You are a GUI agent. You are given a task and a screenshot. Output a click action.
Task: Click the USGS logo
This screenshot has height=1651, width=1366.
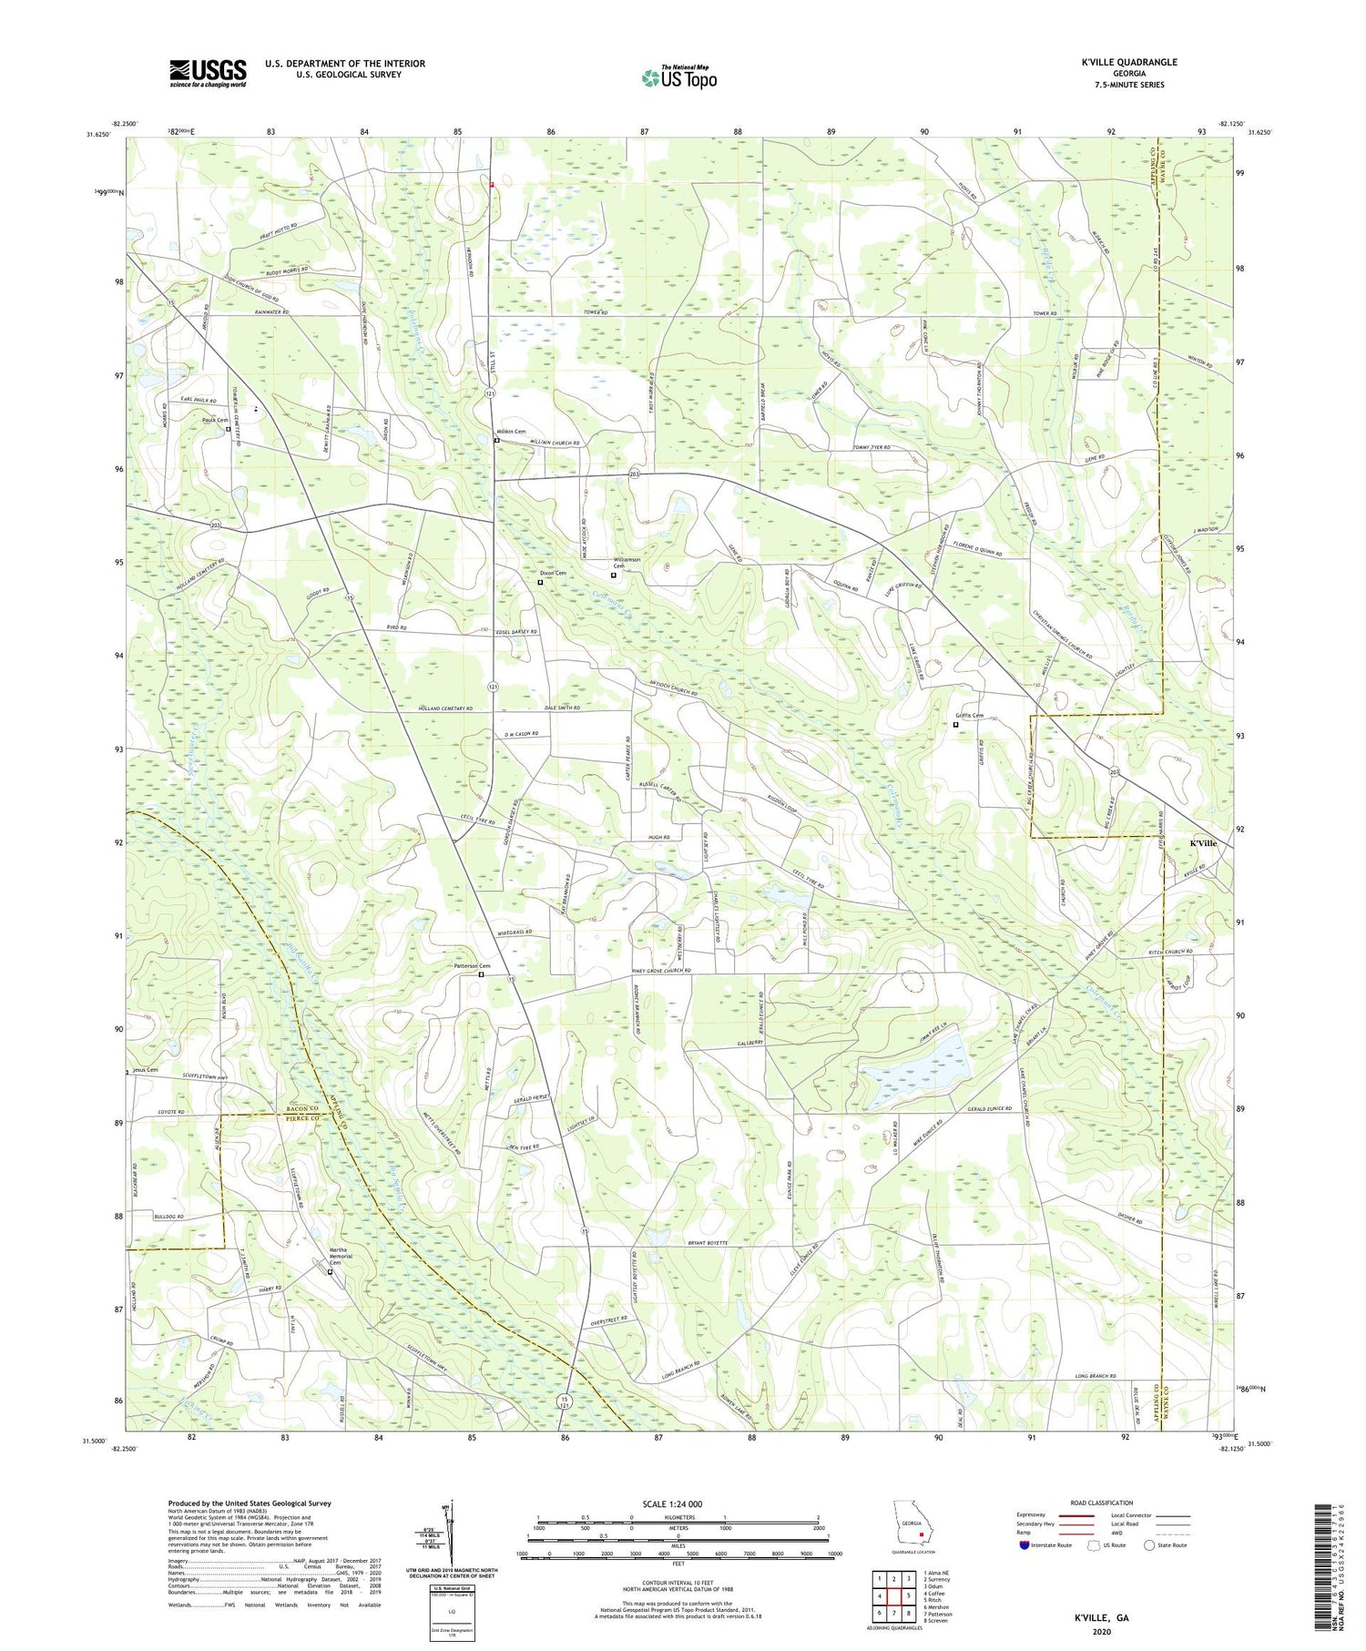point(208,73)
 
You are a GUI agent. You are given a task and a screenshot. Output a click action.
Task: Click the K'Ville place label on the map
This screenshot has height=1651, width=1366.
point(1202,843)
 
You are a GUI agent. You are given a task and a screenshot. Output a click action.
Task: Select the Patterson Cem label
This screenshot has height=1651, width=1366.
point(473,966)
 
